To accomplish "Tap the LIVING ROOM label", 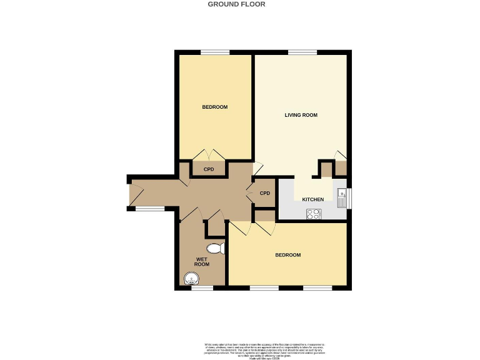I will [301, 115].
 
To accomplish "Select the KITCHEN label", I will [313, 199].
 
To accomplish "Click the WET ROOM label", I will [202, 261].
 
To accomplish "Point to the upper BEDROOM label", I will [214, 107].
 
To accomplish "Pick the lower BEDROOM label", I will [288, 255].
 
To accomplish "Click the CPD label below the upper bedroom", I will [209, 169].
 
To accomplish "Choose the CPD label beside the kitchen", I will [265, 193].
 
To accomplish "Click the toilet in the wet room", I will [215, 248].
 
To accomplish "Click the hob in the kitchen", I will [314, 214].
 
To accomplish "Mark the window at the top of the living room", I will [301, 52].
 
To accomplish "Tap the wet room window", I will [202, 288].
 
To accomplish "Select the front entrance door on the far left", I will [129, 193].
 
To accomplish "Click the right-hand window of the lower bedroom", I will [317, 288].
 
